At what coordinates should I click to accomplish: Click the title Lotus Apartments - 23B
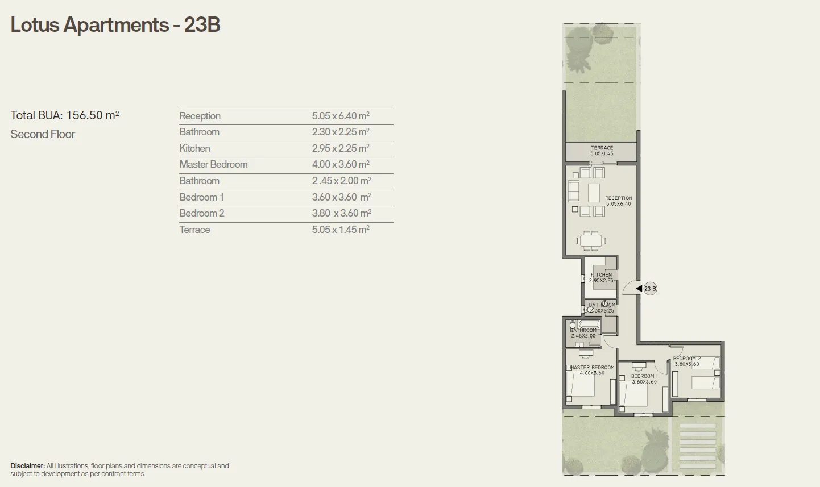click(115, 25)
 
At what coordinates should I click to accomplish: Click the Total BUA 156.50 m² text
click(65, 115)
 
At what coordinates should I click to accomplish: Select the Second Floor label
click(43, 134)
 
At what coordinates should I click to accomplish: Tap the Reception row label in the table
click(200, 116)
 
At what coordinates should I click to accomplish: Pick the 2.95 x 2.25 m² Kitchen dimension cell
click(340, 148)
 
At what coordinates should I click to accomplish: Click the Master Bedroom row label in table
click(213, 164)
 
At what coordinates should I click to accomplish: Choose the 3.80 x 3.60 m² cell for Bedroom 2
click(341, 213)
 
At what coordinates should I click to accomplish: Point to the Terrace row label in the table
click(194, 230)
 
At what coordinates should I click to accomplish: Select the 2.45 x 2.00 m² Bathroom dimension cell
click(341, 181)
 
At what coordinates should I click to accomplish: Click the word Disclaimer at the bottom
click(27, 466)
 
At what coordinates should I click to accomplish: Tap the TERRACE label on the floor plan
click(602, 148)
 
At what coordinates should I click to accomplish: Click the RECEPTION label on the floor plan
click(618, 198)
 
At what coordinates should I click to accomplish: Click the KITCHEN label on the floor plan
click(601, 275)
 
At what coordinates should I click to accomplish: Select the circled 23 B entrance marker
click(650, 289)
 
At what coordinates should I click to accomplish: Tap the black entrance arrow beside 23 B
click(639, 289)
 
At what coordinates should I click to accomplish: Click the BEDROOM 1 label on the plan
click(644, 376)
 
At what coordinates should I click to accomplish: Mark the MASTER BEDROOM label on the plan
click(592, 368)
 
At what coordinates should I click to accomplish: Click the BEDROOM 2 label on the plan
click(687, 359)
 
